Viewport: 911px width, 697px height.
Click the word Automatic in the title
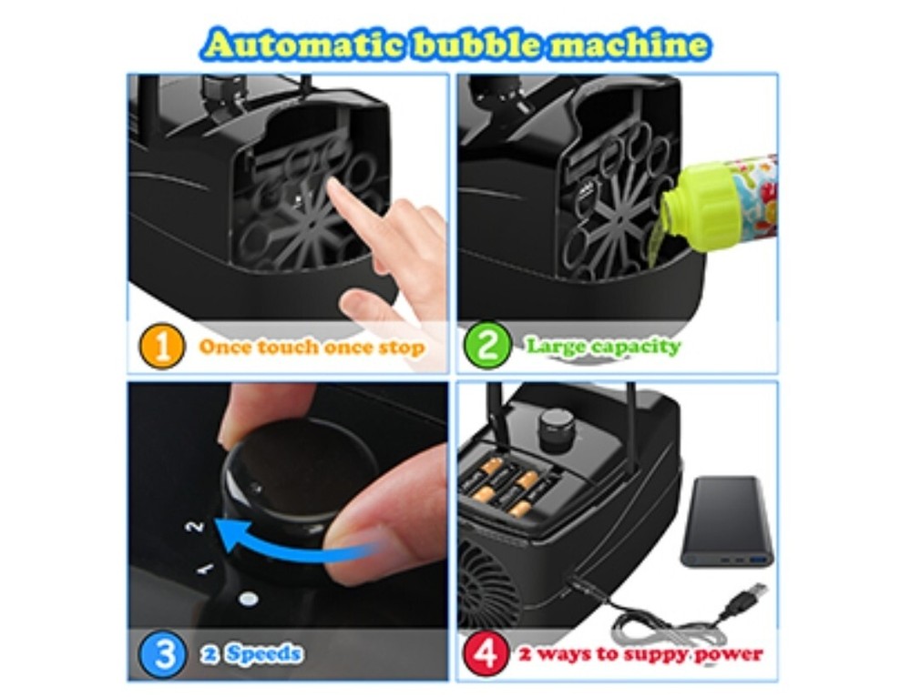pos(302,45)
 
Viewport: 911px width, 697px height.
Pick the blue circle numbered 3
pos(163,652)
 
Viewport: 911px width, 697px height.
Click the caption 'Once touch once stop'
pos(312,348)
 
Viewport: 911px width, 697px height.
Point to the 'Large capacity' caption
pos(602,347)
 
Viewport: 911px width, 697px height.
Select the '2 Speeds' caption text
pos(251,652)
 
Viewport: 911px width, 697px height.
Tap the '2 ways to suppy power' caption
pos(640,653)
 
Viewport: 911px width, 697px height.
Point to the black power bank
pos(726,522)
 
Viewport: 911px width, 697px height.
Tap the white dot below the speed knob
pos(246,598)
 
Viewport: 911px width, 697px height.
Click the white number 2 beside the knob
pos(193,526)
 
